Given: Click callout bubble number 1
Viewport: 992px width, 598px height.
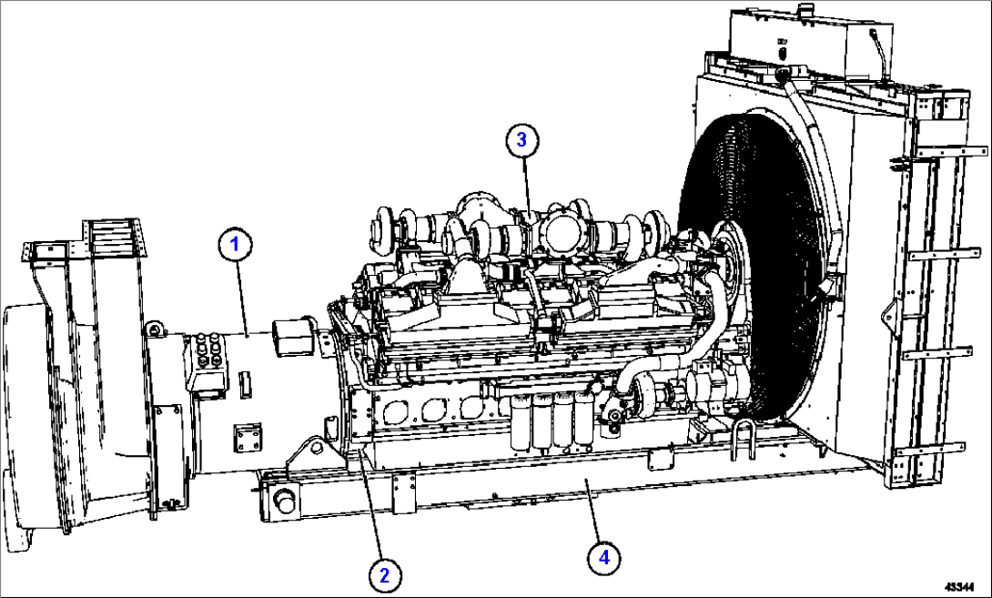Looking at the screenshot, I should (235, 244).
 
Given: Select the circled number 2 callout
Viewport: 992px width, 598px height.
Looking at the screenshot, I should (384, 573).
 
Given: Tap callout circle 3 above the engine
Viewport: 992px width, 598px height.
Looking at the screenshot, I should (521, 139).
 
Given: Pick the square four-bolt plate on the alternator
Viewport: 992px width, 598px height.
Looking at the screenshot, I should (247, 439).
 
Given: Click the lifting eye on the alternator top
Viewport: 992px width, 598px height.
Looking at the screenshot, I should (156, 328).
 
